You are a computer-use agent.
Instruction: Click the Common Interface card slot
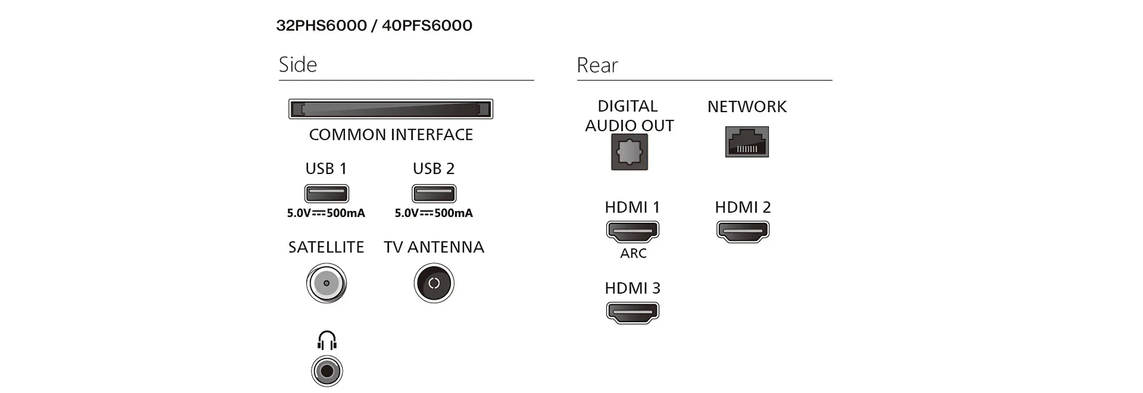pos(391,109)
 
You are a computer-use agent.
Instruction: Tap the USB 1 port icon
pos(326,194)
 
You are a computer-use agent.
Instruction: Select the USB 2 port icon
pos(434,194)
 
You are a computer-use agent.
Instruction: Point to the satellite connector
pos(326,283)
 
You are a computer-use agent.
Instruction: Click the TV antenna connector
pos(434,283)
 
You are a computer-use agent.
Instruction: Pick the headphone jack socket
pos(327,371)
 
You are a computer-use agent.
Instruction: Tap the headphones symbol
pos(327,341)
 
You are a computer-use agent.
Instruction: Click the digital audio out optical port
pos(629,152)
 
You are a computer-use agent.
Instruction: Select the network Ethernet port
pos(747,142)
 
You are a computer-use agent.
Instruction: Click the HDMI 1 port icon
pos(632,231)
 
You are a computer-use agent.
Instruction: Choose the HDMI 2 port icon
pos(743,231)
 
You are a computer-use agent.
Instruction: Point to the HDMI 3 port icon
pos(632,312)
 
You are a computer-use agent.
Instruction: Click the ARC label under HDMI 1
pos(633,253)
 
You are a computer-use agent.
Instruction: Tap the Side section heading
pos(298,65)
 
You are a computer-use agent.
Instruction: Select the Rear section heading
pos(597,65)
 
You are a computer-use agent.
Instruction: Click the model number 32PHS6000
pos(321,25)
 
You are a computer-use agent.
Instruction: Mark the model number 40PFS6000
pos(427,25)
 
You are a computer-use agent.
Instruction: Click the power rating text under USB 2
pos(434,213)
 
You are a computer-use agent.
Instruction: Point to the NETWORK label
pos(747,107)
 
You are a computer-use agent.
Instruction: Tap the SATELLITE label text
pos(326,247)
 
